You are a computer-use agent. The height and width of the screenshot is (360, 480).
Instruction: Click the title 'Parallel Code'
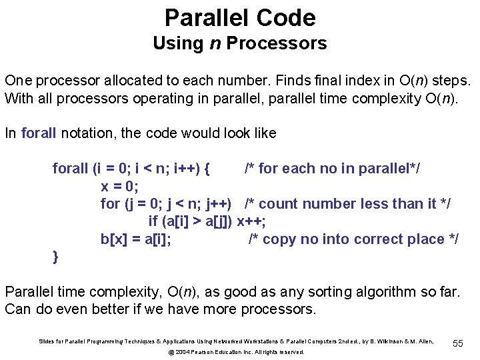click(240, 17)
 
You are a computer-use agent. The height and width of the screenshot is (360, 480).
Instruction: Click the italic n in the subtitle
click(214, 43)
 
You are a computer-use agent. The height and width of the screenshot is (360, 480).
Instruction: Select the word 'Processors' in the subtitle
click(277, 43)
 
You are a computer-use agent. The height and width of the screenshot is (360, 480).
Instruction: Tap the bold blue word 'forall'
click(39, 133)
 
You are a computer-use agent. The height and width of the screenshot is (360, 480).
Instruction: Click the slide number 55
click(457, 342)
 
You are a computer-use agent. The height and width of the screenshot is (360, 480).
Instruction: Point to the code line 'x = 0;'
click(119, 186)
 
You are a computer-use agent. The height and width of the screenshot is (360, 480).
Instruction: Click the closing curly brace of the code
click(56, 257)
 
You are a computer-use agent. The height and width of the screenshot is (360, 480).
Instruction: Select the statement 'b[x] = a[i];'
click(135, 239)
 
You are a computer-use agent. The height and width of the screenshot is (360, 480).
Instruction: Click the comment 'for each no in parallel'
click(332, 169)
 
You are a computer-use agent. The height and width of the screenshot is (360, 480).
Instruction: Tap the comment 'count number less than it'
click(347, 203)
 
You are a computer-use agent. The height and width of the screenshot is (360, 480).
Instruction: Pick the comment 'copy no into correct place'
click(353, 239)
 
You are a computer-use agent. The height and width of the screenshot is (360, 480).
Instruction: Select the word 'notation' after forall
click(89, 133)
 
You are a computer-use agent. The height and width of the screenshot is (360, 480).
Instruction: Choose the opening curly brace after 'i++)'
click(207, 169)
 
